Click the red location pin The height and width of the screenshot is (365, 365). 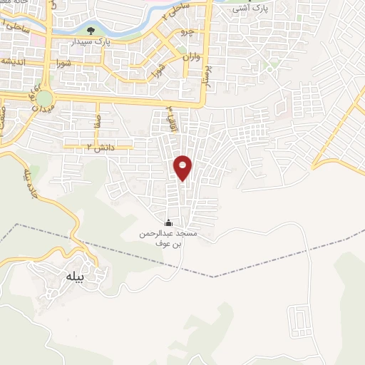[x=183, y=167]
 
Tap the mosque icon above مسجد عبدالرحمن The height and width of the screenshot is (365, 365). [x=168, y=222]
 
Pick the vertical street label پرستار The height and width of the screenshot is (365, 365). [x=209, y=74]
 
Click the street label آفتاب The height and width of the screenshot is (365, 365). [x=170, y=113]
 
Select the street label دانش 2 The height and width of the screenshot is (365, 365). [x=100, y=147]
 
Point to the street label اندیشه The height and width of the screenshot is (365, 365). [x=16, y=61]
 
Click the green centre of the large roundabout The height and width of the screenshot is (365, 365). [x=44, y=98]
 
